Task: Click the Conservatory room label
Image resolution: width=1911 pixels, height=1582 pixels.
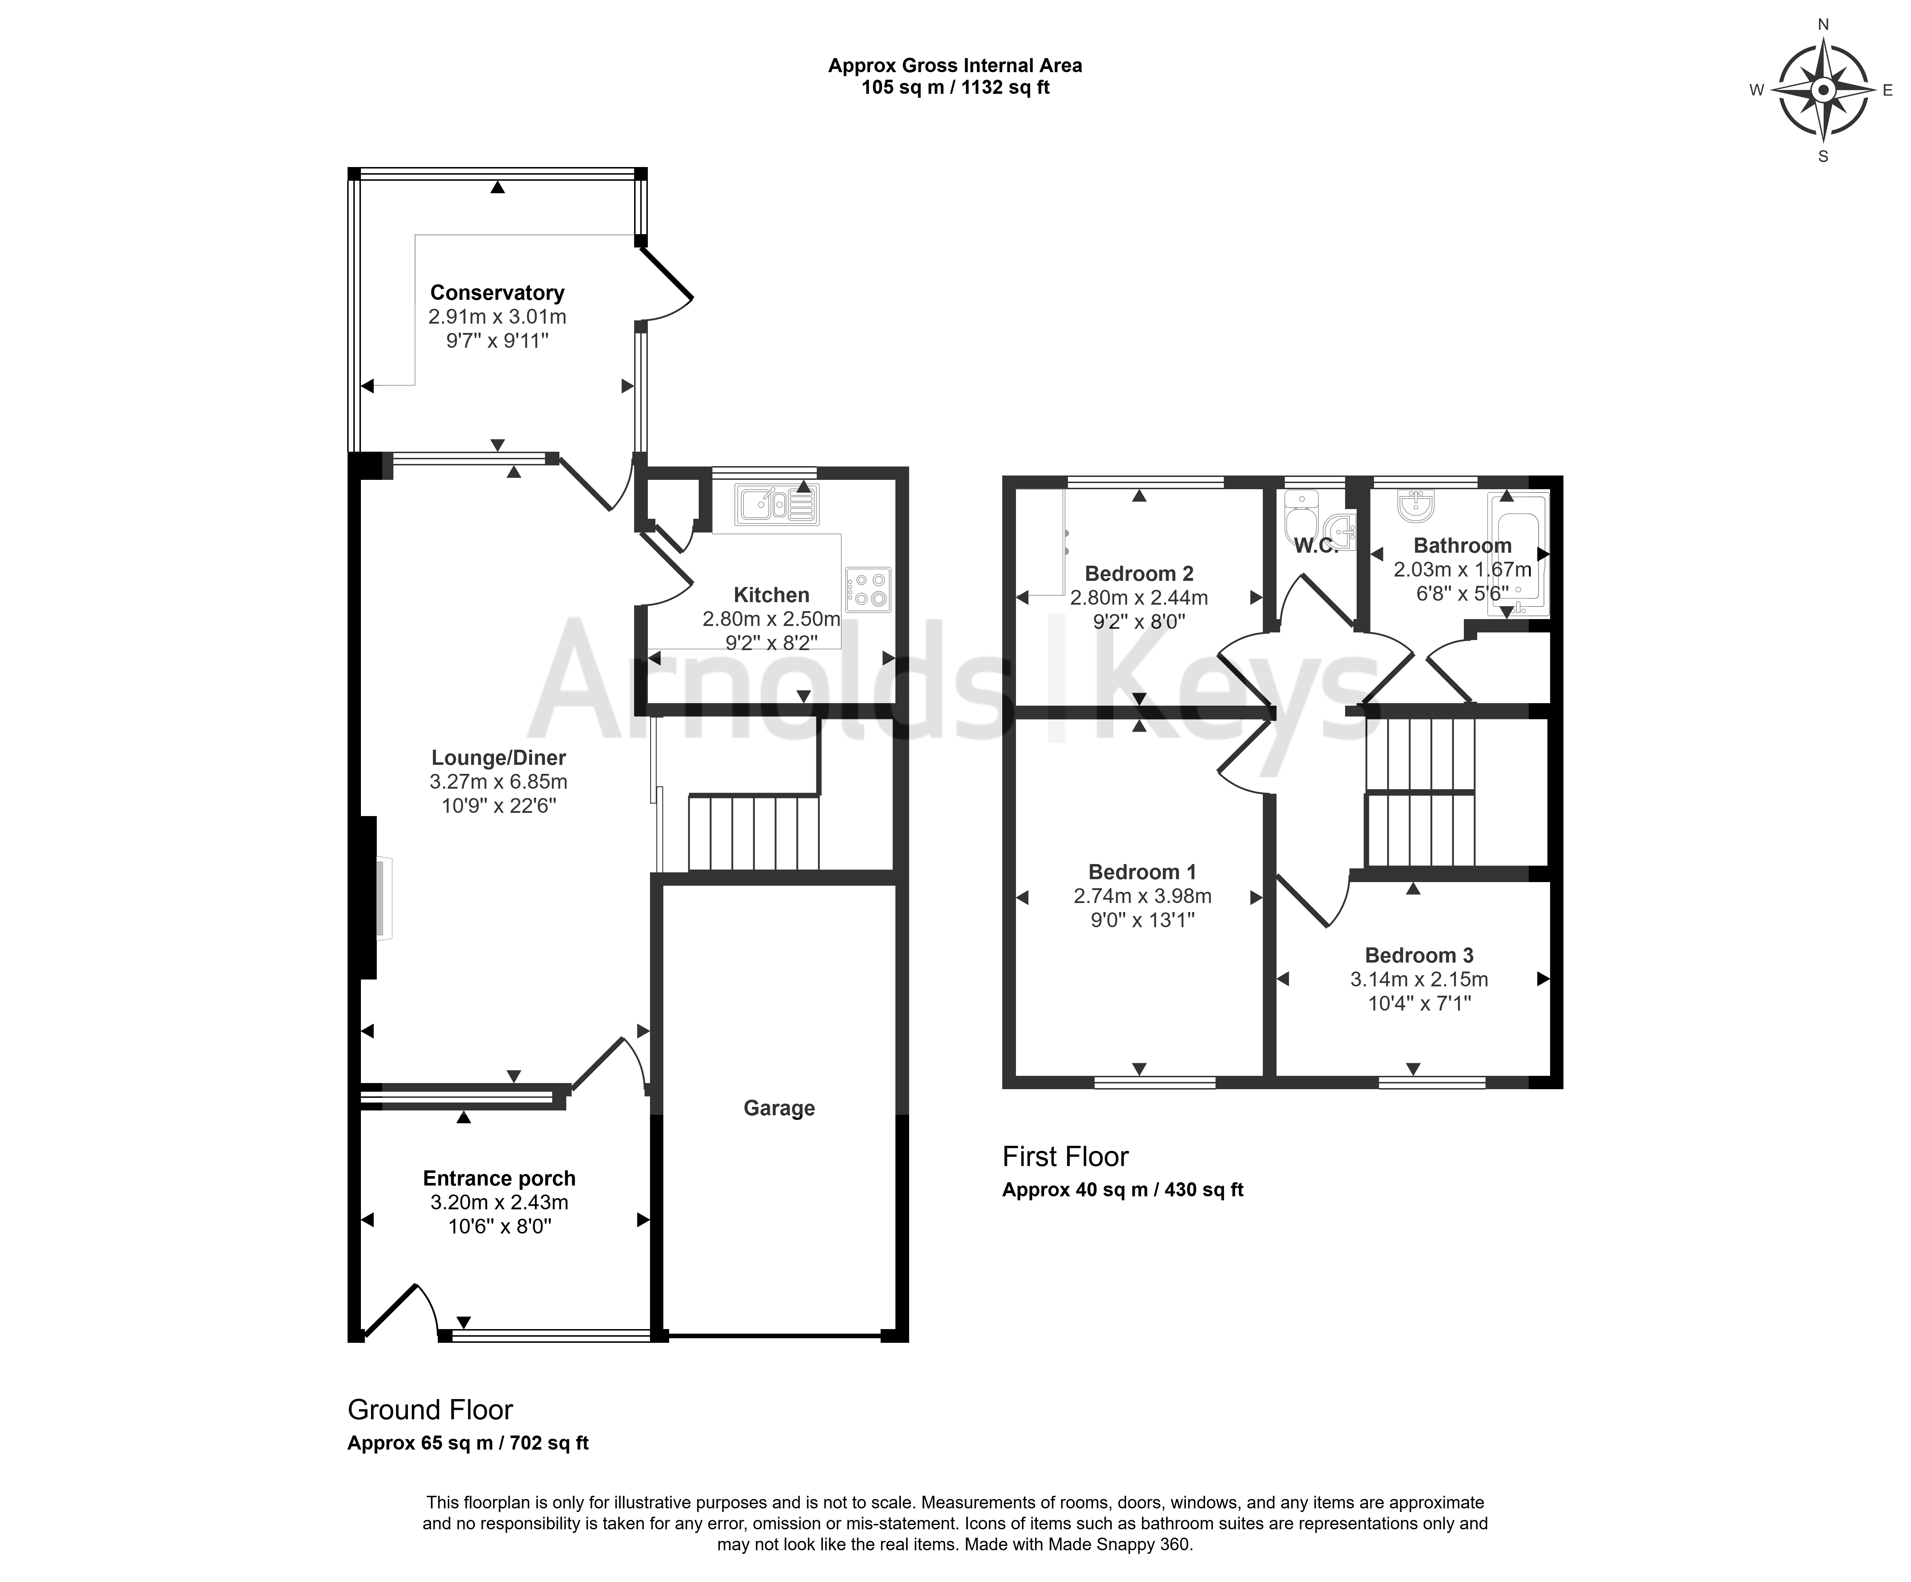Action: point(497,293)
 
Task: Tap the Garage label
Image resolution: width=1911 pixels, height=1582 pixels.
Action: point(779,1108)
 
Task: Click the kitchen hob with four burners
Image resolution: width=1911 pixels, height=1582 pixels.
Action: point(868,590)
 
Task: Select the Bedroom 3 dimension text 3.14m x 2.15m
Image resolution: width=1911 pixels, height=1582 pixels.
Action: point(1419,980)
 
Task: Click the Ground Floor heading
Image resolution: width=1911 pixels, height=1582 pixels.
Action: point(431,1410)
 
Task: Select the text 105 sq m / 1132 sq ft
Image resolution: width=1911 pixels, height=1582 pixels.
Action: point(956,88)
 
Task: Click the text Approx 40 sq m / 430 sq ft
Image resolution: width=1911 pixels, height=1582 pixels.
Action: point(1123,1190)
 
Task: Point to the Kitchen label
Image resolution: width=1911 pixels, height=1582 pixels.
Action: point(772,595)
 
